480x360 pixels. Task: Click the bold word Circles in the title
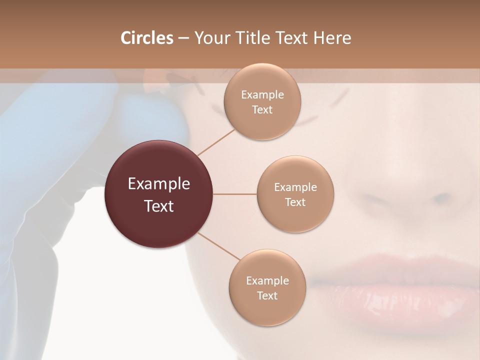pos(146,38)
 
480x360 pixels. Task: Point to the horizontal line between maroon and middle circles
pos(235,194)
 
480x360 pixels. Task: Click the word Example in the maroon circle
pos(159,184)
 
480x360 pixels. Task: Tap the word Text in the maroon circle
pos(159,205)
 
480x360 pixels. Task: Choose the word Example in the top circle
pos(262,95)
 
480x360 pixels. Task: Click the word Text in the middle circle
pos(295,202)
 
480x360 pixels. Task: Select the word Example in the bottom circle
pos(267,281)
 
